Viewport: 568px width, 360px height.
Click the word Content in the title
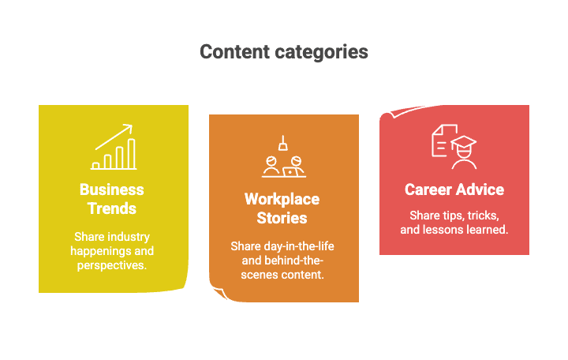(235, 51)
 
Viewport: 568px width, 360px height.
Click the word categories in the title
(321, 53)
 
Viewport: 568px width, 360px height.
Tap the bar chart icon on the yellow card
(114, 147)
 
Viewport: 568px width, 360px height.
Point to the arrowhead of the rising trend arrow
(129, 128)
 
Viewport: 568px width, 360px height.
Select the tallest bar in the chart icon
(132, 154)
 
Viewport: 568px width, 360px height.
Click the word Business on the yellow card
(112, 189)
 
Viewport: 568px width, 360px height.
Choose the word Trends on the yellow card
(112, 208)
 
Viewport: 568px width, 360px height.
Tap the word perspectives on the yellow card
(112, 265)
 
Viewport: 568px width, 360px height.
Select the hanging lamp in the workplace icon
(283, 143)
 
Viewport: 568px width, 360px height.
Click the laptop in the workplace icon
(290, 172)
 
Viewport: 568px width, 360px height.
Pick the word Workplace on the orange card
(282, 199)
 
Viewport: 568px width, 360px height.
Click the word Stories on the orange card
(282, 218)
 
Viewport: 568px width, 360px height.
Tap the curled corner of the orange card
(219, 293)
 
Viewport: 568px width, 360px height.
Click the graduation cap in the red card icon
(463, 142)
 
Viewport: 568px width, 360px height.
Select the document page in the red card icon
(442, 141)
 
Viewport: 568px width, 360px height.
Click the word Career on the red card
(428, 189)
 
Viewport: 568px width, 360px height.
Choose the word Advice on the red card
(480, 189)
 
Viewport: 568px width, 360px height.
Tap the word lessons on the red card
(451, 230)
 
